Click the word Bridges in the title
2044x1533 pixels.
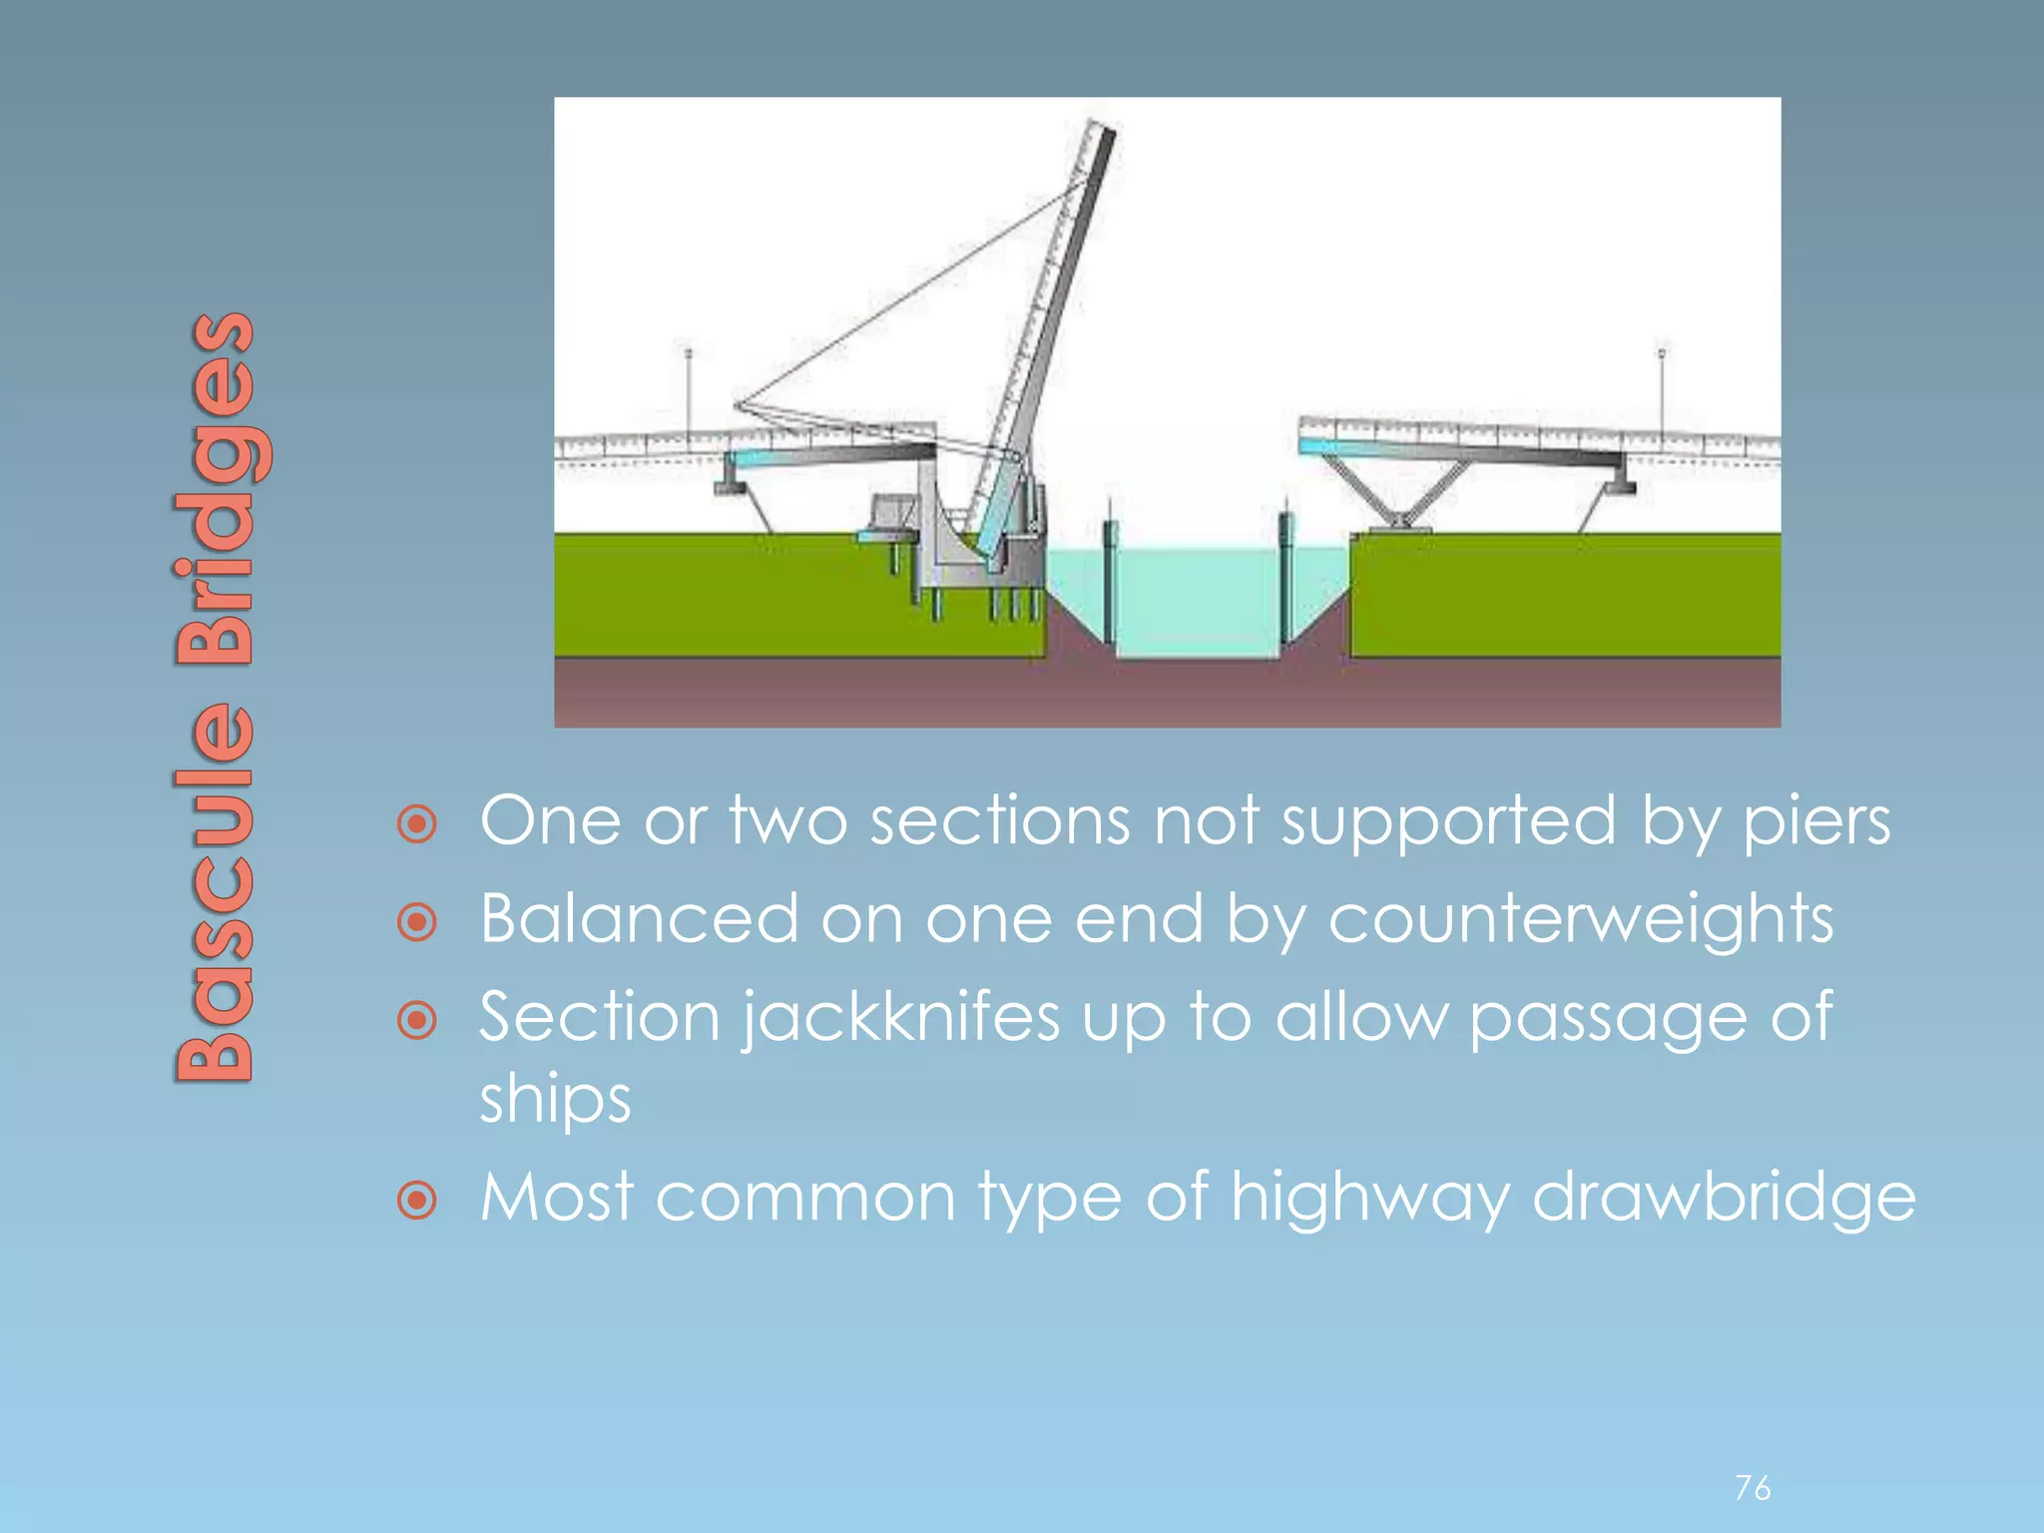(x=215, y=489)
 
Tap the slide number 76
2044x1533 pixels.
(x=1753, y=1488)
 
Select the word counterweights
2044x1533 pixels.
(x=1580, y=918)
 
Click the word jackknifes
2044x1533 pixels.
(x=899, y=1018)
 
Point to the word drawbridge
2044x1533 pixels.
(x=1724, y=1197)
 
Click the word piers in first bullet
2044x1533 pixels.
(x=1816, y=821)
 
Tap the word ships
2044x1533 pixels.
(x=555, y=1099)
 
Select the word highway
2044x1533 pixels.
(x=1369, y=1197)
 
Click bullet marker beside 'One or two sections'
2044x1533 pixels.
(x=417, y=824)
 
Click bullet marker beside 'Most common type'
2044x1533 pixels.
(x=417, y=1200)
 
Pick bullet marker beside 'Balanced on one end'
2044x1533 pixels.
(x=417, y=921)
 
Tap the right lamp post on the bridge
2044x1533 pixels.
(x=1662, y=389)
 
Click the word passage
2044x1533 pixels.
(x=1607, y=1018)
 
